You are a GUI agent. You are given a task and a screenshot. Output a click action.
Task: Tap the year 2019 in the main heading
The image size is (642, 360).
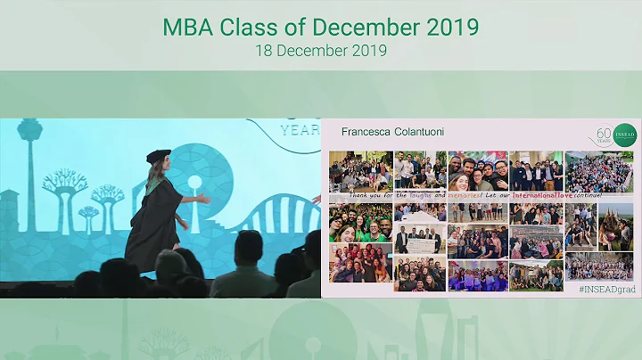[449, 27]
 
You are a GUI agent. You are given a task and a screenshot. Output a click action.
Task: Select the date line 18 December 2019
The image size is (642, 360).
[320, 51]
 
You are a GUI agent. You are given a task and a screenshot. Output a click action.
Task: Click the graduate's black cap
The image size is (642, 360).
[158, 155]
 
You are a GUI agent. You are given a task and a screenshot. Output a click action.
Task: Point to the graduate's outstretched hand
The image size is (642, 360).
[207, 199]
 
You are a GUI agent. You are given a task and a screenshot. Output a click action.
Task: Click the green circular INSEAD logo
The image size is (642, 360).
[625, 135]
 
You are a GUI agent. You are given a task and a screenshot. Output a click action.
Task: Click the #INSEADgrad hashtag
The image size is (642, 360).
[606, 290]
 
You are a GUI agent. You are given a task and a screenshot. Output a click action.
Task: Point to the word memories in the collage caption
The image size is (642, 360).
[490, 195]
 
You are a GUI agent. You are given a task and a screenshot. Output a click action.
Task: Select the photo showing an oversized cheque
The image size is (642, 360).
[418, 236]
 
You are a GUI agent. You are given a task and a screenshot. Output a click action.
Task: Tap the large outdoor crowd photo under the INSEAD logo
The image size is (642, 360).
[599, 172]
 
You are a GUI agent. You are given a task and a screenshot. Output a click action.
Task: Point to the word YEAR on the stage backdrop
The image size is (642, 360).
[300, 127]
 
